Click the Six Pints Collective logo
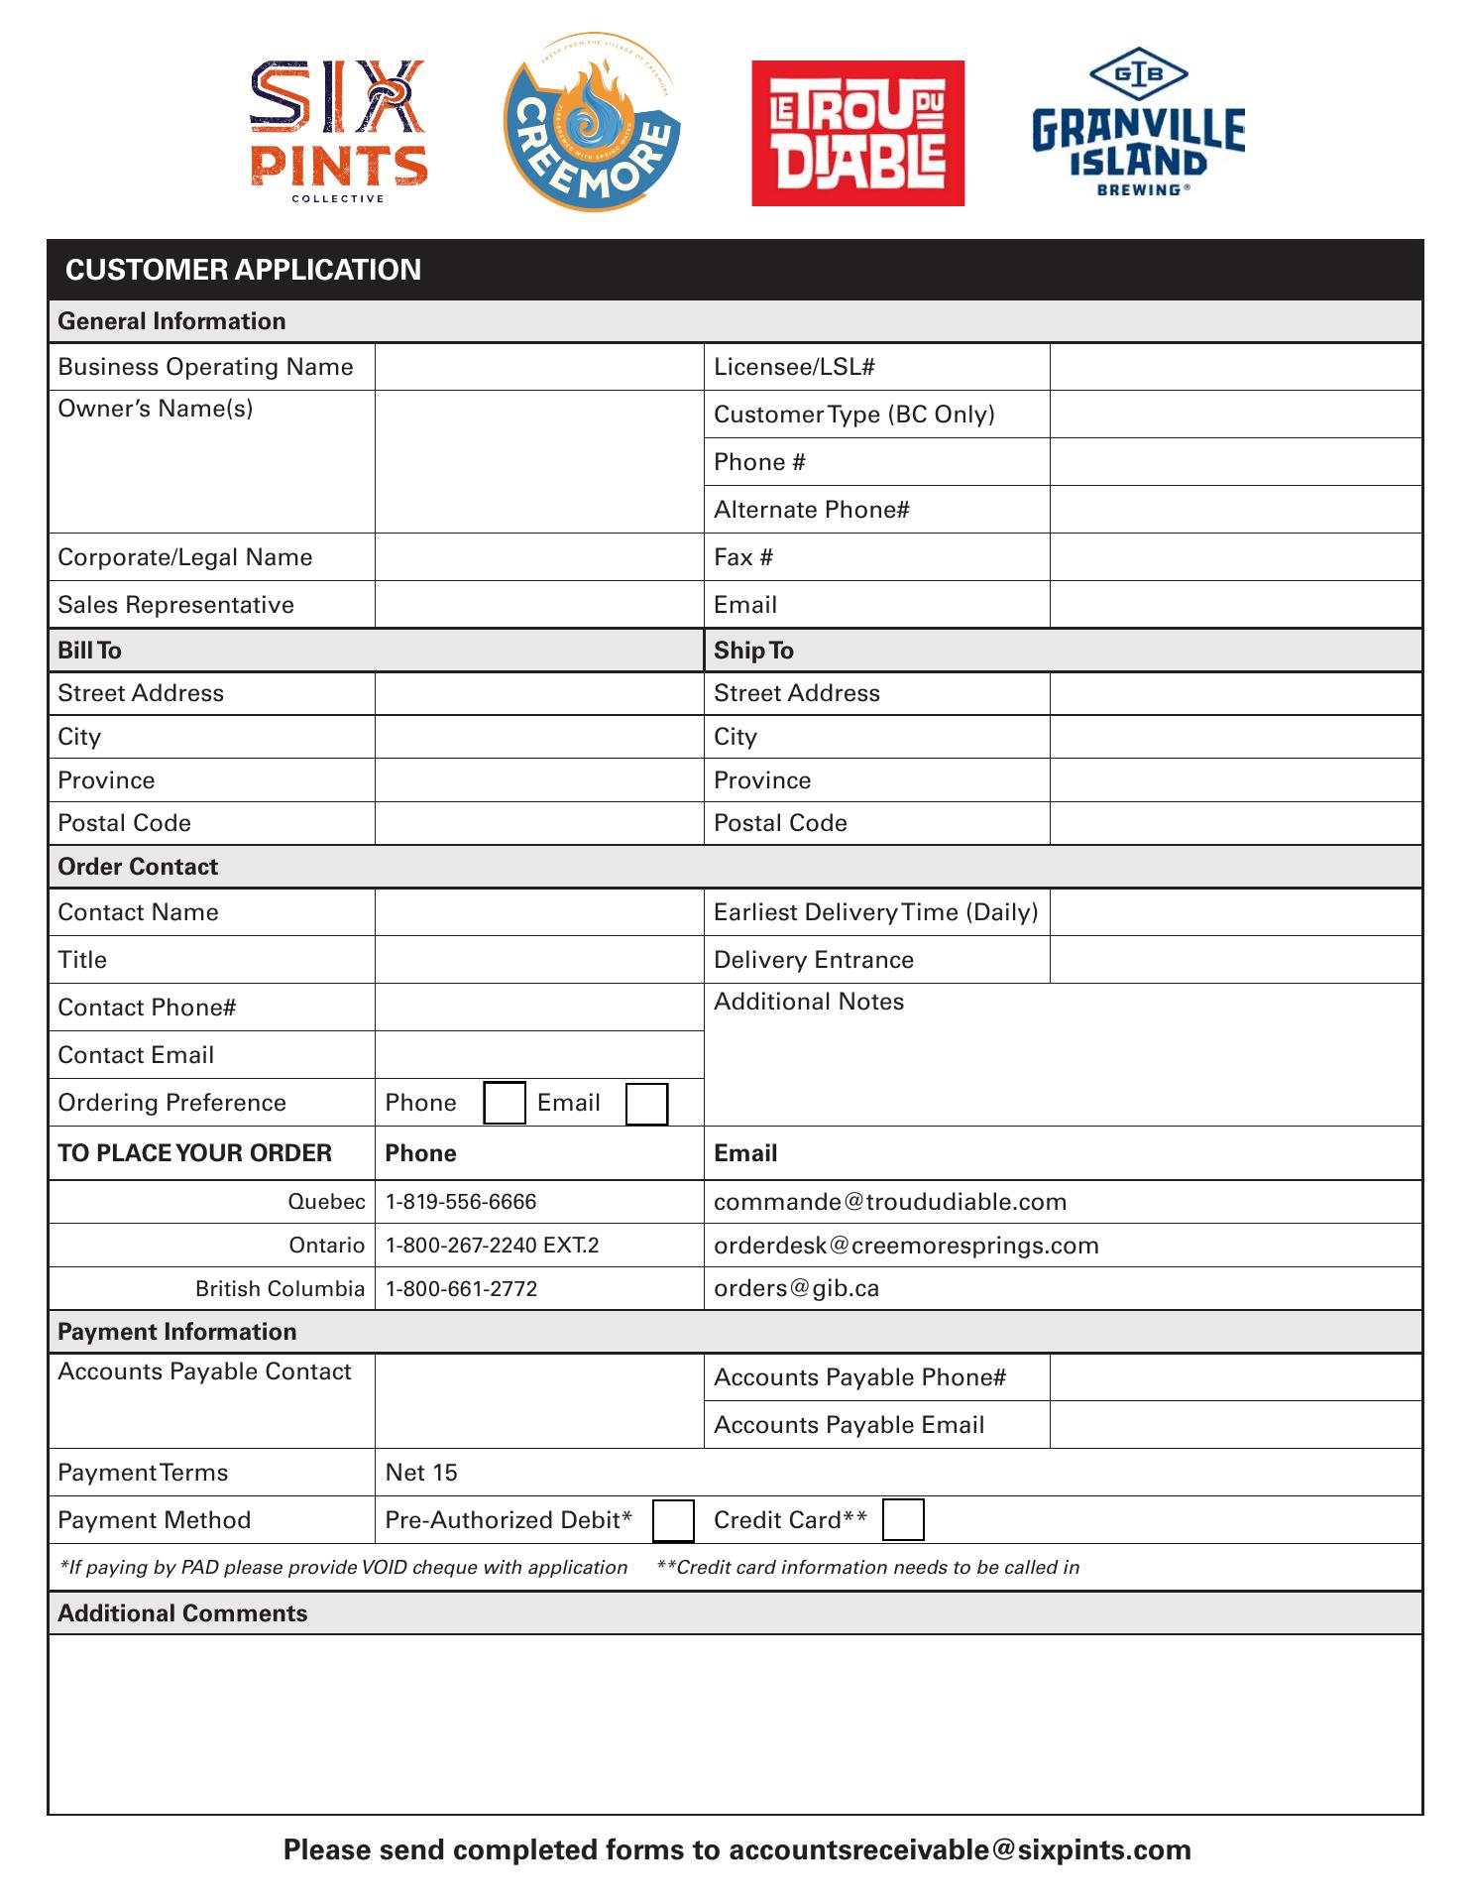pyautogui.click(x=338, y=131)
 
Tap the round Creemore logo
pyautogui.click(x=592, y=124)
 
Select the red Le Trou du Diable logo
pyautogui.click(x=857, y=133)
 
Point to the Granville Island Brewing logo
pyautogui.click(x=1138, y=123)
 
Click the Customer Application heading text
pyautogui.click(x=243, y=270)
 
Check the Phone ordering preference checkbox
pyautogui.click(x=504, y=1104)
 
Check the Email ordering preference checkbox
pyautogui.click(x=646, y=1104)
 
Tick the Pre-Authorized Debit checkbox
pyautogui.click(x=673, y=1520)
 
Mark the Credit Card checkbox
pyautogui.click(x=903, y=1520)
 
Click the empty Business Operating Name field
pyautogui.click(x=538, y=367)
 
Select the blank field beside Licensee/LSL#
pyautogui.click(x=1235, y=367)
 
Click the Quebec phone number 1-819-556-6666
pyautogui.click(x=461, y=1202)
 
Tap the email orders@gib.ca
pyautogui.click(x=796, y=1288)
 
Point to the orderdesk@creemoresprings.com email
pyautogui.click(x=906, y=1246)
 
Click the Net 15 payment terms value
pyautogui.click(x=421, y=1473)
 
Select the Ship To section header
pyautogui.click(x=753, y=651)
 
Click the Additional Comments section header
pyautogui.click(x=182, y=1613)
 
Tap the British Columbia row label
pyautogui.click(x=280, y=1288)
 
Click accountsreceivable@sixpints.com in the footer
pyautogui.click(x=960, y=1850)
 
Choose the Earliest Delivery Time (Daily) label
pyautogui.click(x=875, y=912)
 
